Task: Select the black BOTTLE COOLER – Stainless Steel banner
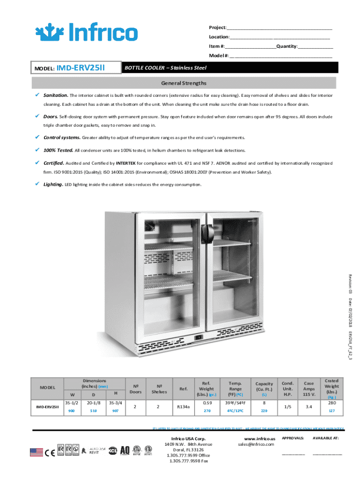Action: tap(229, 68)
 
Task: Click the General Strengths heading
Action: tap(184, 83)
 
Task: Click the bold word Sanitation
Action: tap(56, 95)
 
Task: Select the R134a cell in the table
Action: tap(184, 407)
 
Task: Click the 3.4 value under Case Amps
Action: tap(309, 406)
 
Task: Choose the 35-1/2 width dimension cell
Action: tap(71, 402)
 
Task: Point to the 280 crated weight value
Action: tap(332, 402)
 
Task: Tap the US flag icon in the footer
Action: tap(36, 451)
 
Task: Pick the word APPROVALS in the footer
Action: tap(293, 438)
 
